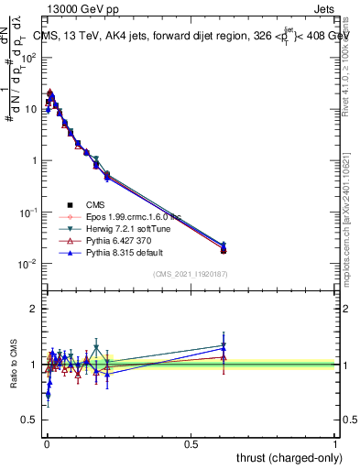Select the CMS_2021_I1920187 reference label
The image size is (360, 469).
(x=190, y=275)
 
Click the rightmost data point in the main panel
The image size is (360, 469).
(x=224, y=249)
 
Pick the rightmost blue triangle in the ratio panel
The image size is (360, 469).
(x=224, y=348)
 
